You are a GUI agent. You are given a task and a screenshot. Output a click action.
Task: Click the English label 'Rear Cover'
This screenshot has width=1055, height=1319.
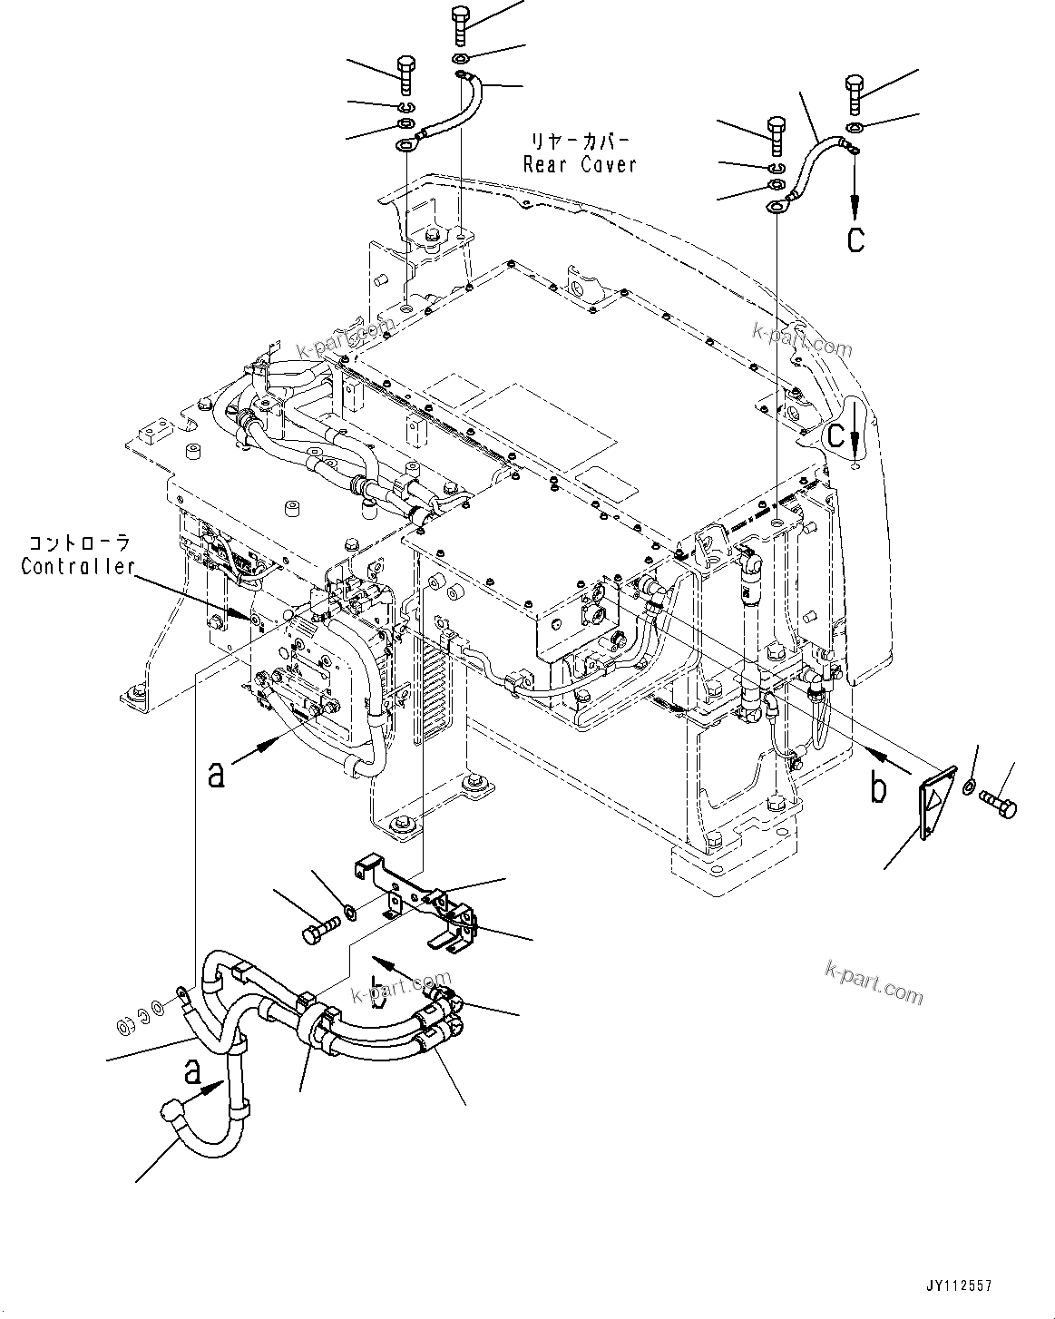(x=580, y=164)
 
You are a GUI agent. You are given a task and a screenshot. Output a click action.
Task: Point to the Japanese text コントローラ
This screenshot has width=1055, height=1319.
(x=78, y=544)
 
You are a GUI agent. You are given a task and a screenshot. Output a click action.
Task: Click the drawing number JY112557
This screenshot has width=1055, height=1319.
(x=958, y=1285)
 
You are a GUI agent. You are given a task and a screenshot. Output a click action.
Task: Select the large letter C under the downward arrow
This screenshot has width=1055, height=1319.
(x=855, y=239)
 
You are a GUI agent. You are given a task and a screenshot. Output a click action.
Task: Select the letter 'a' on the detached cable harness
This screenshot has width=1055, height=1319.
(x=191, y=1073)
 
